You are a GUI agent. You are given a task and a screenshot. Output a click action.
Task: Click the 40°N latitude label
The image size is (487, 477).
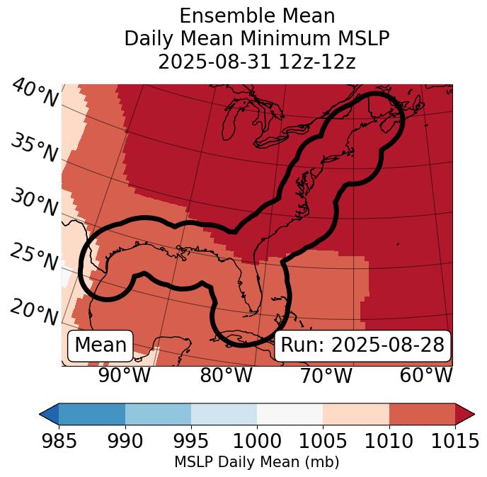pos(35,93)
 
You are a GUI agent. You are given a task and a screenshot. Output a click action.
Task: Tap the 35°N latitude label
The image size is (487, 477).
pos(33,147)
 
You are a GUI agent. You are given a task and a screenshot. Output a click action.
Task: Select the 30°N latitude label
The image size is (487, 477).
pos(33,202)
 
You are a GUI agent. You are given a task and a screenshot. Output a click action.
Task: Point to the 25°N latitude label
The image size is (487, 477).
pos(33,257)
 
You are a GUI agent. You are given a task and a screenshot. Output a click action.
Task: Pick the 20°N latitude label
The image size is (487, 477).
pos(33,311)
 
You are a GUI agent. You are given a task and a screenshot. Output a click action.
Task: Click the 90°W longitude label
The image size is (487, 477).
pos(124,375)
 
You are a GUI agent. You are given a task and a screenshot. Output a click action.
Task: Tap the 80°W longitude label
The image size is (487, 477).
pos(226,375)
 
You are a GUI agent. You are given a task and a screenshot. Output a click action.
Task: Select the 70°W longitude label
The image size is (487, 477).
pos(325,375)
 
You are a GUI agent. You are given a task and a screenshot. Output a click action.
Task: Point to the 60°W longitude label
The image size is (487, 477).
pos(426,375)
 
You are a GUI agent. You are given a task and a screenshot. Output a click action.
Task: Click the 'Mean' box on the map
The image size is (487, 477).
pos(101,345)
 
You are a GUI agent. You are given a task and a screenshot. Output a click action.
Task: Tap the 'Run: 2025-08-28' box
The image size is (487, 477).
pos(362,345)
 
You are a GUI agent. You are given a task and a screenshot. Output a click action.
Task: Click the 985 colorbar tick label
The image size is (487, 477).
pos(59,442)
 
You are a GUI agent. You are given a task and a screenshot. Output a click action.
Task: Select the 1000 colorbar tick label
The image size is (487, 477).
pos(257,442)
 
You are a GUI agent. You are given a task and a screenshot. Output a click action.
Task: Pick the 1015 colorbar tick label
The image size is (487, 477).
pos(455,442)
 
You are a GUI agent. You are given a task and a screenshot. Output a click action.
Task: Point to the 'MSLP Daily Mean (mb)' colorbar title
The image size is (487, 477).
pos(256,463)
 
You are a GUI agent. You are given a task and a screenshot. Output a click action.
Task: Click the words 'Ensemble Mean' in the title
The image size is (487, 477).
pos(256,16)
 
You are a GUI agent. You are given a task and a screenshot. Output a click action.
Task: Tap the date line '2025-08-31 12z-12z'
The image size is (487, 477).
pos(256,62)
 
